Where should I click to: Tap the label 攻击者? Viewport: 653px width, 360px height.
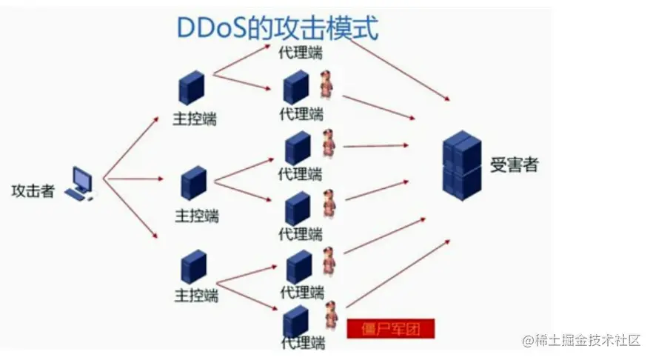(x=33, y=190)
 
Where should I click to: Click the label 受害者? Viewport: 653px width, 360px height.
(x=514, y=164)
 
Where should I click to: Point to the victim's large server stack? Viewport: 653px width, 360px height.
(x=461, y=162)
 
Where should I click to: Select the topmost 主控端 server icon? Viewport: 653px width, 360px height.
(x=192, y=88)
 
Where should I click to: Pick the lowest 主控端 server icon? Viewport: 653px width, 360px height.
(x=194, y=267)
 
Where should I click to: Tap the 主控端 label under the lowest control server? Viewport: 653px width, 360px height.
(x=196, y=296)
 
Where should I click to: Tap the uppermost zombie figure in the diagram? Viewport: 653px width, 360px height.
(x=325, y=84)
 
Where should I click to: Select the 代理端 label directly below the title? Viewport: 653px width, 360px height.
(x=300, y=53)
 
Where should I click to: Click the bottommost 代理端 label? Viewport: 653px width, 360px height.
(x=303, y=343)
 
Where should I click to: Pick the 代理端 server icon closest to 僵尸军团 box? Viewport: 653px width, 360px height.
(x=296, y=320)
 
